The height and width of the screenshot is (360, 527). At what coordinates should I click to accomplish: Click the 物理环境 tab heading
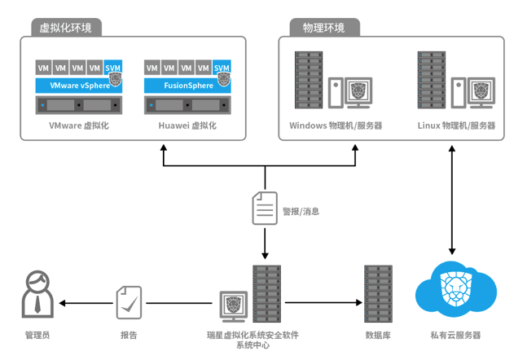(323, 28)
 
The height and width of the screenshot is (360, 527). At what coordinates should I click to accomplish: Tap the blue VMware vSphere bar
(79, 85)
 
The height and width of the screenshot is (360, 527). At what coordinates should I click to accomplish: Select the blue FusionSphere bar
(187, 85)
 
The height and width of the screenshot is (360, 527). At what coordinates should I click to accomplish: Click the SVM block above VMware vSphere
(114, 68)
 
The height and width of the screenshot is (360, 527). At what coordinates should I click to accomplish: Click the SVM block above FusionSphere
(222, 68)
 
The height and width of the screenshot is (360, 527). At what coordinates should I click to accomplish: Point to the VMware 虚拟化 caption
(79, 126)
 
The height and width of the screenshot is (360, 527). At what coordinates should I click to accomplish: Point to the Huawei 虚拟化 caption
(187, 126)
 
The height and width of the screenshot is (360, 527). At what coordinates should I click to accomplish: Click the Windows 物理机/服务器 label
(336, 126)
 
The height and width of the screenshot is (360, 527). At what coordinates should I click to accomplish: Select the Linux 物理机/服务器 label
(456, 126)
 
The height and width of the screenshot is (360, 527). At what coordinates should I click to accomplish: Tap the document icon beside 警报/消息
(264, 209)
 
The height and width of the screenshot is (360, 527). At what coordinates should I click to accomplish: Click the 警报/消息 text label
(301, 211)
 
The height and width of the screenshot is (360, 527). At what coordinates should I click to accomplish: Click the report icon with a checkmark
(129, 301)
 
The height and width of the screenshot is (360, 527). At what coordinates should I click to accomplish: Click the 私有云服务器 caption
(455, 336)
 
